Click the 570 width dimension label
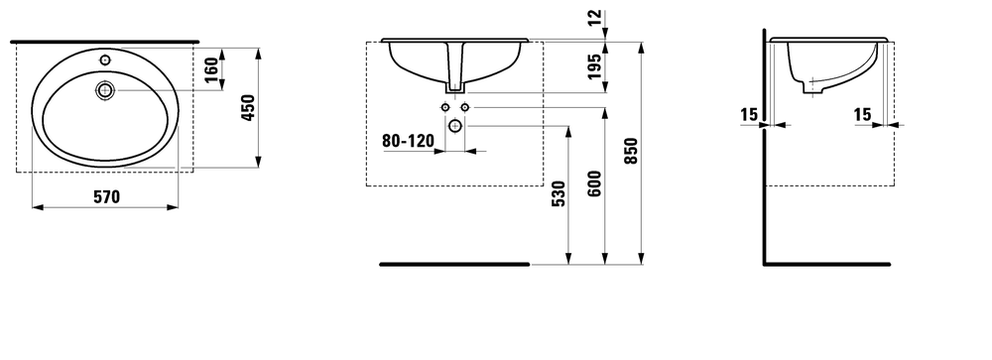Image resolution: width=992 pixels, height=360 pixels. tap(106, 196)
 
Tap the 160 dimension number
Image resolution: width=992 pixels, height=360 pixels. tap(210, 70)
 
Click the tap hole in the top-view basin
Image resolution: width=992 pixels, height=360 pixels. tap(105, 60)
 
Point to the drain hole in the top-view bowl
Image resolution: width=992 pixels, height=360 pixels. tap(105, 91)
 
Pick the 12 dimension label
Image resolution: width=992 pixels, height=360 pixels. tap(594, 19)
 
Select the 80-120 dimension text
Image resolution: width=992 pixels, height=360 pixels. tap(408, 141)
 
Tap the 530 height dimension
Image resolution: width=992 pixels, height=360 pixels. tap(558, 194)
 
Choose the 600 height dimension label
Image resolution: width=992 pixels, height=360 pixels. tap(594, 184)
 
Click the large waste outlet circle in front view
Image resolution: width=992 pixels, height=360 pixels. tap(455, 125)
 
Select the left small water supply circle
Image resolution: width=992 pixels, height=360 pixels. tap(443, 106)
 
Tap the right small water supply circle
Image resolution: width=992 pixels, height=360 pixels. tap(466, 106)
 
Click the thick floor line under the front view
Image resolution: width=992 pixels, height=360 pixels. tap(454, 265)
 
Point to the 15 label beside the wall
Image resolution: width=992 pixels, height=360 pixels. tap(749, 115)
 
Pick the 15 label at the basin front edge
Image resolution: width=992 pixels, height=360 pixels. tap(863, 115)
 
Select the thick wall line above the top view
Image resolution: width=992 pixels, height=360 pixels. tap(104, 42)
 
